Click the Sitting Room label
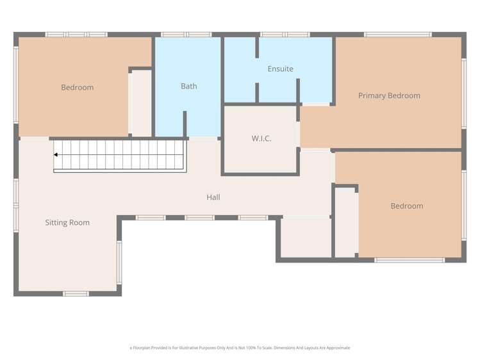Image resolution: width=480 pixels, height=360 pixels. point(67,223)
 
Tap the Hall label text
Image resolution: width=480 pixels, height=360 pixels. point(213,197)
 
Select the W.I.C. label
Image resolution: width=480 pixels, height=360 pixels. point(261,138)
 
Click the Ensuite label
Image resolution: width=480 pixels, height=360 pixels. point(280,69)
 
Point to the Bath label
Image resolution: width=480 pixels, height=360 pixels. point(189,86)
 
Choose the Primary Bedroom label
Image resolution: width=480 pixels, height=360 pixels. point(389,95)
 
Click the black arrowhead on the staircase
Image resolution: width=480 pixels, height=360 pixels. point(56,154)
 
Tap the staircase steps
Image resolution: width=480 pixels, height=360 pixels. point(122,155)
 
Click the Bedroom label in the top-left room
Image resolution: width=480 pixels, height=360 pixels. point(77,87)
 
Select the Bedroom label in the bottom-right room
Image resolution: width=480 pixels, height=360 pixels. point(407,206)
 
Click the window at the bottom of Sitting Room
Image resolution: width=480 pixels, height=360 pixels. point(76,293)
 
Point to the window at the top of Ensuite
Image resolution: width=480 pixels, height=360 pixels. point(285,35)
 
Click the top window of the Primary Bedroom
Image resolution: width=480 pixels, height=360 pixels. point(397,35)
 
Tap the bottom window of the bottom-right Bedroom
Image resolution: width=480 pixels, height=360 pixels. point(410,259)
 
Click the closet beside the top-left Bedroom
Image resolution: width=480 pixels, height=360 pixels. point(141,102)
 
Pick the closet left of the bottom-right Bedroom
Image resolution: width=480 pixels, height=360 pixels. point(346,222)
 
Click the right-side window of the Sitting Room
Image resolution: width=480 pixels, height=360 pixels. point(119,262)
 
